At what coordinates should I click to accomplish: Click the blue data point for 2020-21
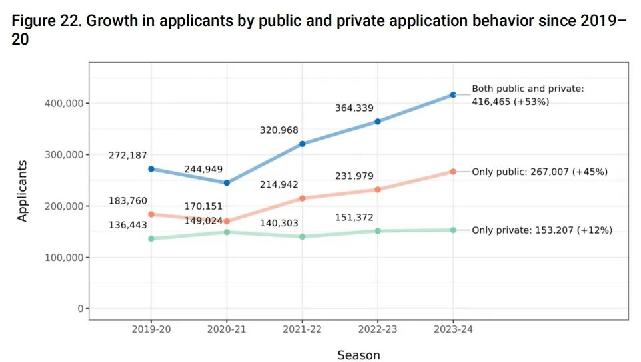point(227,183)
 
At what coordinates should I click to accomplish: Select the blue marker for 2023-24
point(453,95)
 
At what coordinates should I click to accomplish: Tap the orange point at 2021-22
point(302,198)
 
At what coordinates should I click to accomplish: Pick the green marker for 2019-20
point(151,238)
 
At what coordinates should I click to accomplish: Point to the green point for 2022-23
point(378,231)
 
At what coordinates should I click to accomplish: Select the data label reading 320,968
point(279,130)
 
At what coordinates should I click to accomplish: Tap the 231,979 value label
point(354,176)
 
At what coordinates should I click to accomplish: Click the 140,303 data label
point(279,224)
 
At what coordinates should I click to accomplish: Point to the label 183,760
point(128,201)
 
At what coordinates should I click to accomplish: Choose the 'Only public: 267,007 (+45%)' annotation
point(540,172)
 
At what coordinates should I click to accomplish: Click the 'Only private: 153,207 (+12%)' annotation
point(542,230)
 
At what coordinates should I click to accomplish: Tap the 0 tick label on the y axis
point(80,309)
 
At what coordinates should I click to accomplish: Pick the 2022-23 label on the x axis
point(378,329)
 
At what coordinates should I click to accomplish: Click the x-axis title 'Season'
point(358,355)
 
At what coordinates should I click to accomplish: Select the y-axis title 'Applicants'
point(23,190)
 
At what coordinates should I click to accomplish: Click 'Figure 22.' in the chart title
point(46,21)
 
